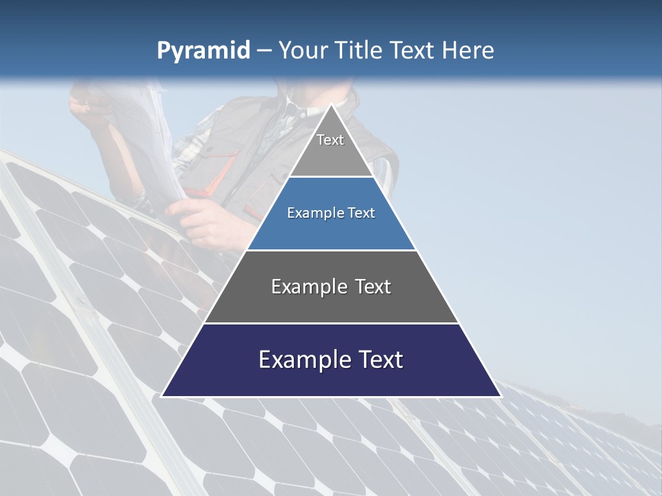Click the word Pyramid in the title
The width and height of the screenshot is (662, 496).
point(203,50)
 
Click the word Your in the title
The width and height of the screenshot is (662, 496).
point(301,50)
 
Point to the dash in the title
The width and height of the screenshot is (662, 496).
point(264,51)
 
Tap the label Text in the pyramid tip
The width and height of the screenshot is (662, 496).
point(330,140)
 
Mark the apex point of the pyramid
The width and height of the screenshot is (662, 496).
point(331,105)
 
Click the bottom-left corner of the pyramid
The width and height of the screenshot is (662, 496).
point(162,396)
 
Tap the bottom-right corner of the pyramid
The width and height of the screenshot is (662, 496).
point(500,396)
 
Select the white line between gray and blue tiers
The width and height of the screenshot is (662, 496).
point(331,177)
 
